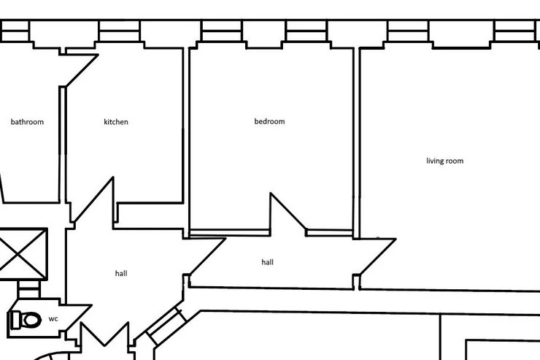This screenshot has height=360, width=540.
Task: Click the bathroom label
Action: click(x=27, y=122)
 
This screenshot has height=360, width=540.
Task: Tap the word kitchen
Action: click(x=116, y=122)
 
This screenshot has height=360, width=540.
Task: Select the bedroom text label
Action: click(x=270, y=121)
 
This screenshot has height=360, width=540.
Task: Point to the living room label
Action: click(x=445, y=161)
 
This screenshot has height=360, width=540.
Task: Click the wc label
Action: click(x=53, y=319)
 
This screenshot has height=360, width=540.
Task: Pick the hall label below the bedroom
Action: click(x=268, y=262)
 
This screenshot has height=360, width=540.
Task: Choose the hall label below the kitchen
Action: click(x=121, y=273)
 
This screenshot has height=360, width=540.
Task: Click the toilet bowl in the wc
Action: click(x=31, y=320)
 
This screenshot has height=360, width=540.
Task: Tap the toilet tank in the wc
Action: click(x=16, y=320)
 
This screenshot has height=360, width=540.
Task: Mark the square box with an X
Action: click(x=23, y=254)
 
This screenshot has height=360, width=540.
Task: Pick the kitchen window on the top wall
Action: click(x=119, y=31)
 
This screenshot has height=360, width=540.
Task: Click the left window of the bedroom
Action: click(x=222, y=31)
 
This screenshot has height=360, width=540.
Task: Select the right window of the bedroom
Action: click(x=306, y=31)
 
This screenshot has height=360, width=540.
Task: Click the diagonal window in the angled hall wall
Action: click(x=166, y=326)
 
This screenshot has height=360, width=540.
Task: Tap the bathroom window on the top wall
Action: click(x=15, y=31)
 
